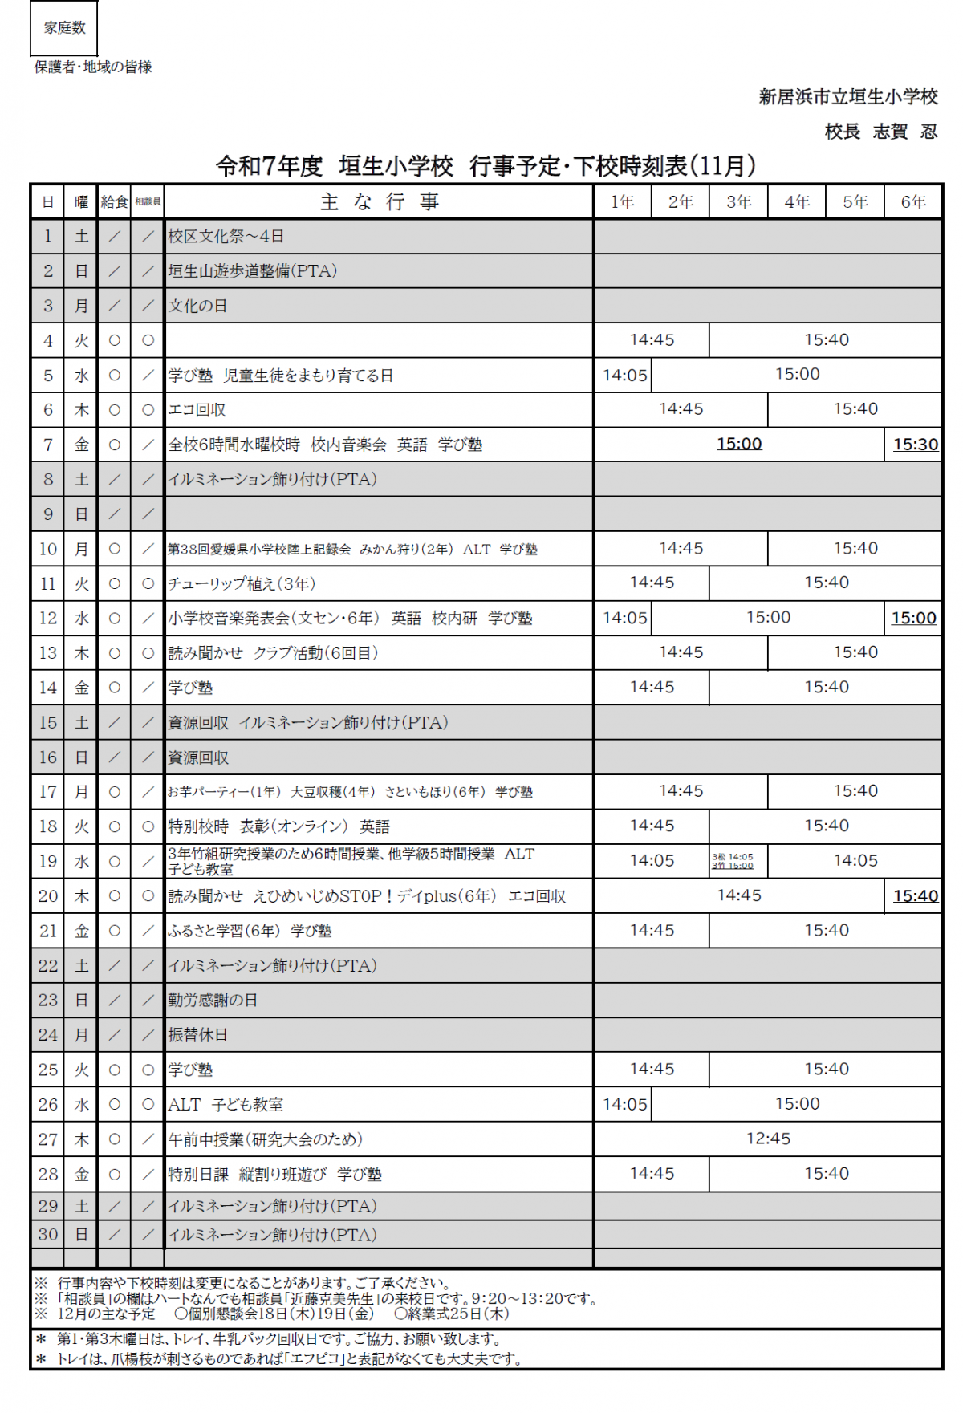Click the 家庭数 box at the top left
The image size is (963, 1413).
pyautogui.click(x=64, y=28)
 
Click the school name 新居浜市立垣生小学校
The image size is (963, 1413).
pyautogui.click(x=848, y=97)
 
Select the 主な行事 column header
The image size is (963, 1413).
pyautogui.click(x=379, y=202)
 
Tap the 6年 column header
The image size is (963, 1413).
pyautogui.click(x=913, y=202)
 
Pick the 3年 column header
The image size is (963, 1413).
pyautogui.click(x=739, y=202)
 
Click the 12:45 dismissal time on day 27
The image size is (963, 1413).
pyautogui.click(x=768, y=1139)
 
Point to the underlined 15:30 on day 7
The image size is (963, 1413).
pyautogui.click(x=916, y=445)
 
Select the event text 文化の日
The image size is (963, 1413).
pyautogui.click(x=197, y=306)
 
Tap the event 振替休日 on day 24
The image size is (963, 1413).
pyautogui.click(x=197, y=1035)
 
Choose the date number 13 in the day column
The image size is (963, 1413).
pyautogui.click(x=48, y=653)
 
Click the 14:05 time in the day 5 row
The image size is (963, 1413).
pyautogui.click(x=624, y=375)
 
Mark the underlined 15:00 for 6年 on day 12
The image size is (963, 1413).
pyautogui.click(x=914, y=618)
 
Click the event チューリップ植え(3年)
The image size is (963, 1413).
pyautogui.click(x=242, y=584)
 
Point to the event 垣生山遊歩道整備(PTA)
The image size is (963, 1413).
pyautogui.click(x=252, y=271)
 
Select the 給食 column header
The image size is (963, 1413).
pyautogui.click(x=115, y=202)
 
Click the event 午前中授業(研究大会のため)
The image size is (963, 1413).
pyautogui.click(x=265, y=1139)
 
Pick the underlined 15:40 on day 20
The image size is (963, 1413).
pyautogui.click(x=916, y=896)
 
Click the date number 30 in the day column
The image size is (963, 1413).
pyautogui.click(x=48, y=1235)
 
